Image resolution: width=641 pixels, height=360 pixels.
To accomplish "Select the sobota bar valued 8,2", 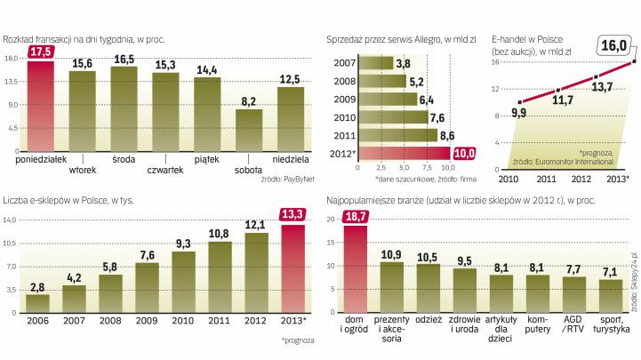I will click(x=249, y=130).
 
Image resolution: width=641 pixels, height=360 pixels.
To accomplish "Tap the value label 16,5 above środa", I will click(x=124, y=59).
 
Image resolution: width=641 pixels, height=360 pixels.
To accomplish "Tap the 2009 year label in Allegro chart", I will click(x=342, y=98).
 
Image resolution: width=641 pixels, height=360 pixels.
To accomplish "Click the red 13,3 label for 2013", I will click(x=293, y=212).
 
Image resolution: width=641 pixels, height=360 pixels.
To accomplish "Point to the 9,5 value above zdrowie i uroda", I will click(x=464, y=260).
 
